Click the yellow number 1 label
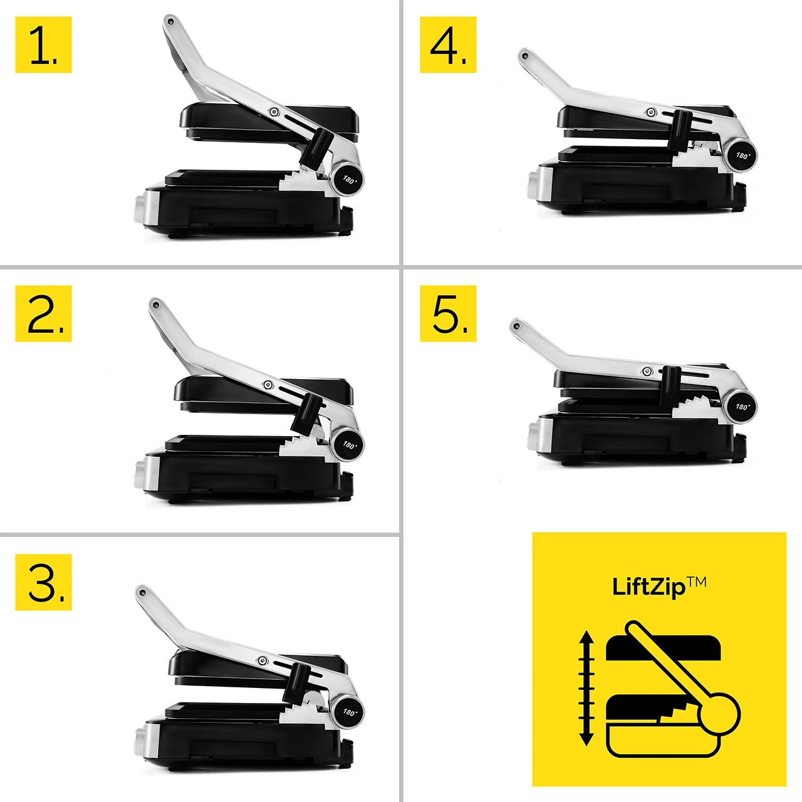click(x=43, y=44)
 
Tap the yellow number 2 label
click(x=43, y=313)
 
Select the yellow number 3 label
click(x=43, y=582)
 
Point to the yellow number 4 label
click(x=448, y=44)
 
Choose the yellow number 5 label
click(x=448, y=313)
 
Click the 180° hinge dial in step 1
click(x=349, y=179)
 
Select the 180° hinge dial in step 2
click(x=349, y=445)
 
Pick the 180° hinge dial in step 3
click(x=349, y=712)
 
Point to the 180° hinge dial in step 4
click(x=742, y=156)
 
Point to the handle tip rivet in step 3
click(x=142, y=591)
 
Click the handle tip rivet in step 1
click(x=170, y=20)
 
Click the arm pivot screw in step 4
click(x=652, y=112)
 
